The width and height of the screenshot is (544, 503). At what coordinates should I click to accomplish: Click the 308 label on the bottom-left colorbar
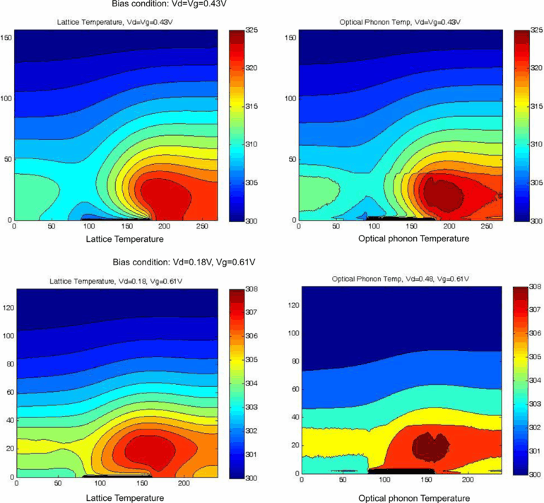[x=251, y=289]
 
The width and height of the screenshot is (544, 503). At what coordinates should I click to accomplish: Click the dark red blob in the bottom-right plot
[x=430, y=445]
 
